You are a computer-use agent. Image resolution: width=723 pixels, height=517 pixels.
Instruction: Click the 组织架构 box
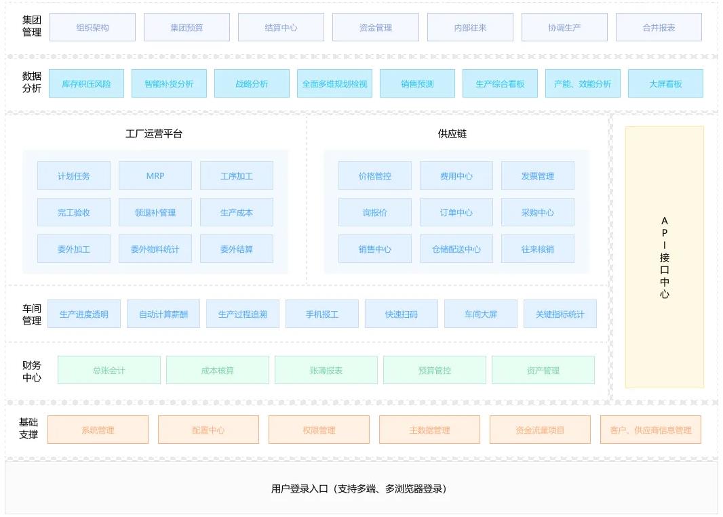(x=92, y=28)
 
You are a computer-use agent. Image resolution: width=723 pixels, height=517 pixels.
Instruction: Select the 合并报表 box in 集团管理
(x=659, y=28)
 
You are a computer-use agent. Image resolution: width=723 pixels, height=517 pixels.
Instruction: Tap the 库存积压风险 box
(x=86, y=84)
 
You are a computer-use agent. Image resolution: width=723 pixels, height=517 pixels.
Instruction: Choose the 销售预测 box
(x=417, y=84)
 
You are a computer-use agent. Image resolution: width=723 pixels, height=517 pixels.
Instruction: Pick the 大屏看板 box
(x=665, y=84)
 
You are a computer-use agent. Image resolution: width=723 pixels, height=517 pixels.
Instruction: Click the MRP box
(x=155, y=175)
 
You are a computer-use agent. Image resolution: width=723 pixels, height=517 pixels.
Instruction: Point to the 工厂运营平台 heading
(x=154, y=133)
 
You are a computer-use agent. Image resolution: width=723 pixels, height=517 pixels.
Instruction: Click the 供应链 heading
(x=452, y=133)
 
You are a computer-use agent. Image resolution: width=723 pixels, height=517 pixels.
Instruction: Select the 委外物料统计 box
(x=155, y=249)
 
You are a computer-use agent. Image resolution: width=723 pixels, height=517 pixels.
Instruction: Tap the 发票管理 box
(x=538, y=175)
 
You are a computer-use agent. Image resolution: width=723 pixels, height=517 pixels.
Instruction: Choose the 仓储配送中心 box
(x=456, y=249)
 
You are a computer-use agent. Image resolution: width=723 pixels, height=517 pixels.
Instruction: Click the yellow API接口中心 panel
(x=665, y=257)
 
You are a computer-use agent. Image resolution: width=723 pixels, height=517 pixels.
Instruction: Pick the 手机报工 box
(x=322, y=314)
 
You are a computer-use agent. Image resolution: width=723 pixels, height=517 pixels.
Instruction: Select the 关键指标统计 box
(x=560, y=314)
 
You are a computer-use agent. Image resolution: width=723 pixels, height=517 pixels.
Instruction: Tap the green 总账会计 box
(x=109, y=370)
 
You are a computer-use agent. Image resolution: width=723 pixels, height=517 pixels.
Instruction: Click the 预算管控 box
(x=435, y=370)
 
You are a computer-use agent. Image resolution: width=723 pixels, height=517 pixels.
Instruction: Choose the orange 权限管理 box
(x=319, y=430)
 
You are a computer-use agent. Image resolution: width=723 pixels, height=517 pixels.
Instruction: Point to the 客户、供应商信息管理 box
(x=650, y=430)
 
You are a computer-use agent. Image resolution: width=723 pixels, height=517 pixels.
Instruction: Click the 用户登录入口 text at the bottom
(x=359, y=489)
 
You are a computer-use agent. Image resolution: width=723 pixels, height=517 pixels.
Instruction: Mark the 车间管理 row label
(x=32, y=314)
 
